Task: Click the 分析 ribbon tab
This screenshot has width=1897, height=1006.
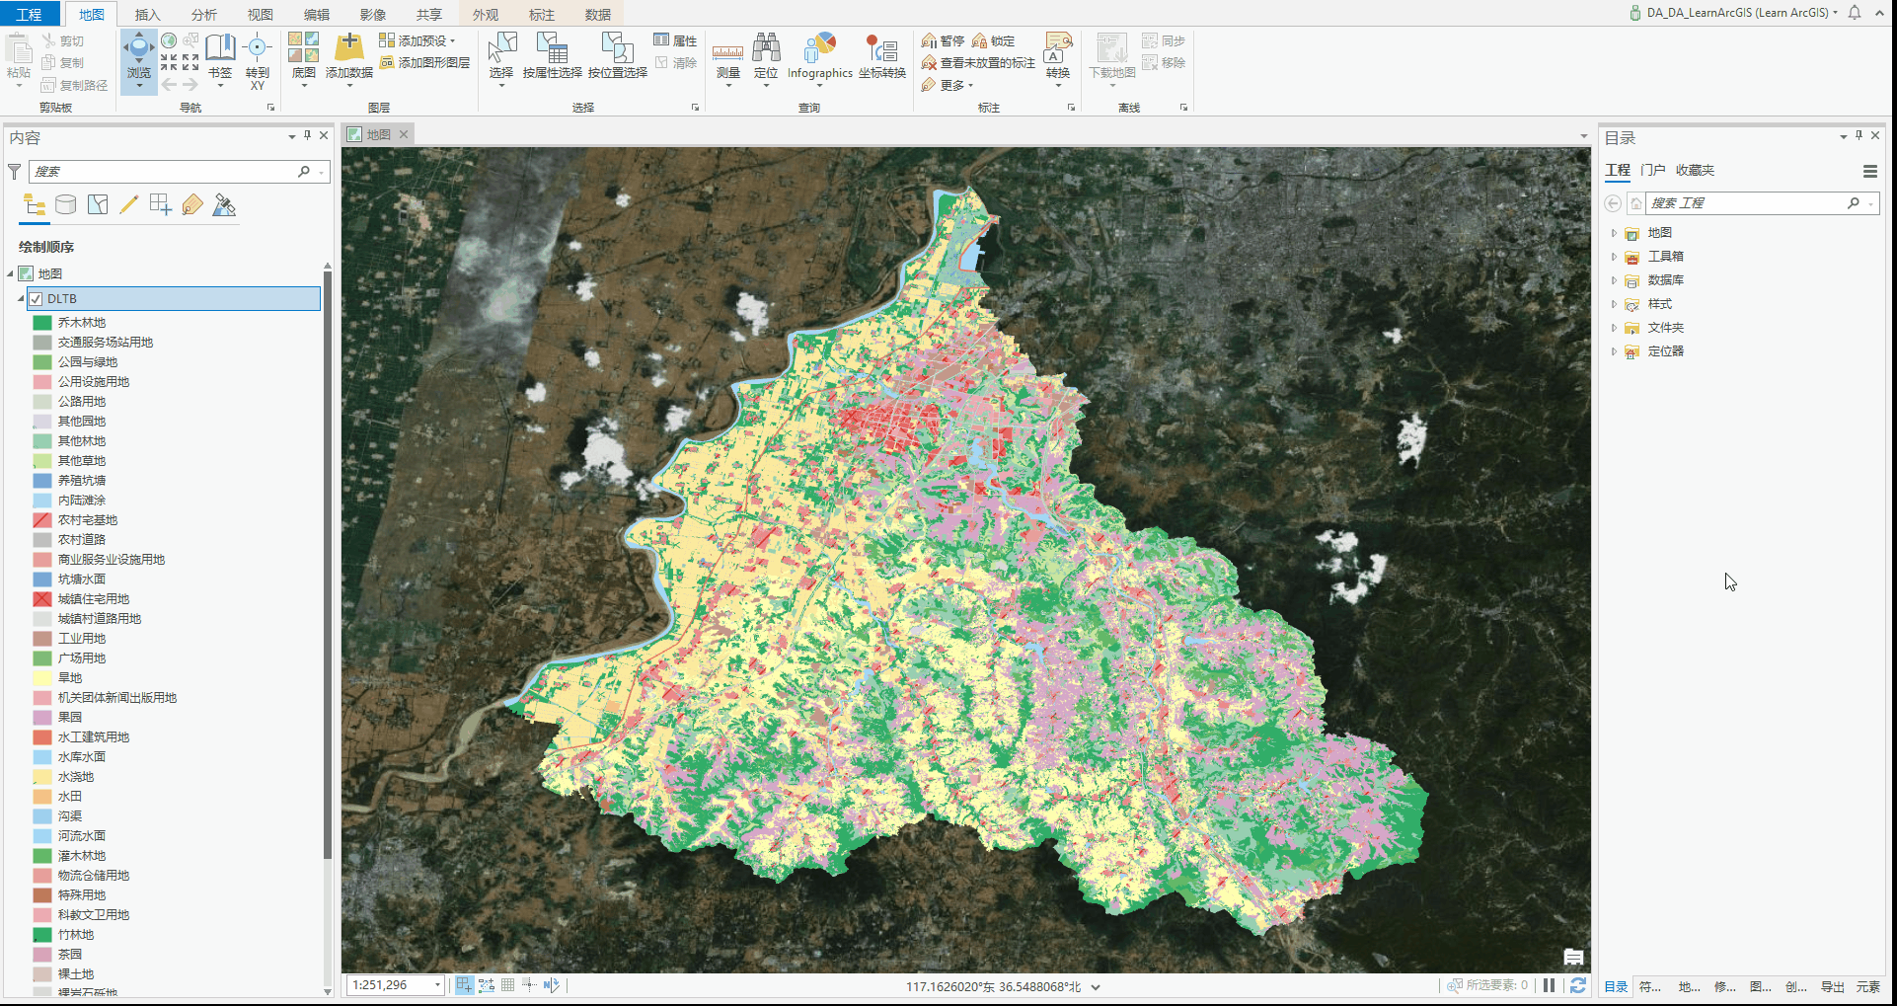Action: [x=204, y=15]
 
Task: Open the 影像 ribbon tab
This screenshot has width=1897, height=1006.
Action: [x=373, y=15]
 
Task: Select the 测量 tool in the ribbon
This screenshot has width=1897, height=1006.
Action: [x=728, y=58]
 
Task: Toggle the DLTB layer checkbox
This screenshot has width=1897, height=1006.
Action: [x=37, y=299]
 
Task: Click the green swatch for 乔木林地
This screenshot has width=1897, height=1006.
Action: [x=42, y=323]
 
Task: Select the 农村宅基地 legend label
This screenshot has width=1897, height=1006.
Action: [x=87, y=520]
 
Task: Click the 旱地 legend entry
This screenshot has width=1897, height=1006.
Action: [x=70, y=678]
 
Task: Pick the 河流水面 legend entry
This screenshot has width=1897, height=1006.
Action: [x=81, y=836]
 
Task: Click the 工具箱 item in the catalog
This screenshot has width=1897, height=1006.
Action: [x=1665, y=257]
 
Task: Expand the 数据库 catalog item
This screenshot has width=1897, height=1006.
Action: [x=1614, y=280]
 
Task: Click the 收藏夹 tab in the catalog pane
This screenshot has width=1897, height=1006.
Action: [x=1695, y=170]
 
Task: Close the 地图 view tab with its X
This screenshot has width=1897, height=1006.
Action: [x=404, y=134]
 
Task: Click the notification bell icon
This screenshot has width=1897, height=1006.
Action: [x=1855, y=13]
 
